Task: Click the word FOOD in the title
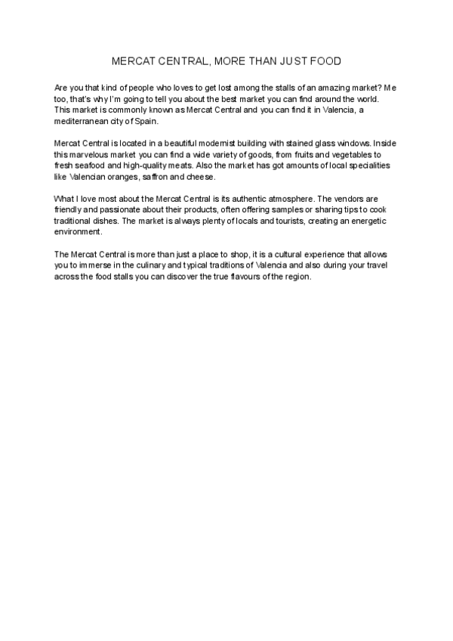tap(326, 60)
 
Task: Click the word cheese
tap(200, 176)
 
